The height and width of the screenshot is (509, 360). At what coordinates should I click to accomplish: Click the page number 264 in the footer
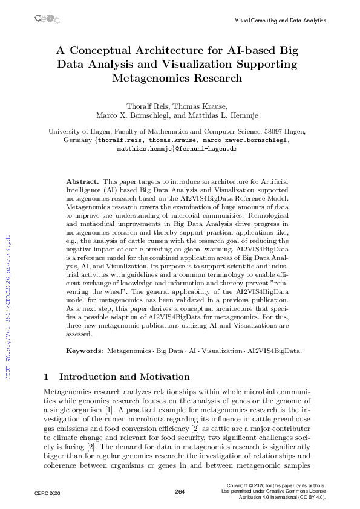pos(179,492)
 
